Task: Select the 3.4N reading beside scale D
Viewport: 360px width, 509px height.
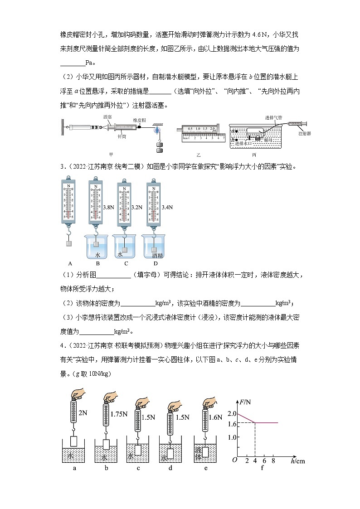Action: click(x=167, y=207)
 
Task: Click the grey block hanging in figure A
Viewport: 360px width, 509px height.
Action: click(x=69, y=243)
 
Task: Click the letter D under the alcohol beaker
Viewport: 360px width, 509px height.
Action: click(x=156, y=263)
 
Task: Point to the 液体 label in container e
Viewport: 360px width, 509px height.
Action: click(x=198, y=454)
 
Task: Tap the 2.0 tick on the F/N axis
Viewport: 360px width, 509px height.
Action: click(x=232, y=413)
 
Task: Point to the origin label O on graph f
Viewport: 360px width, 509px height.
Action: click(x=234, y=460)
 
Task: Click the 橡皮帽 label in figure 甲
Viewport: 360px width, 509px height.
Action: click(x=138, y=120)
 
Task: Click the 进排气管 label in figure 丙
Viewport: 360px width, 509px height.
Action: click(x=274, y=117)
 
